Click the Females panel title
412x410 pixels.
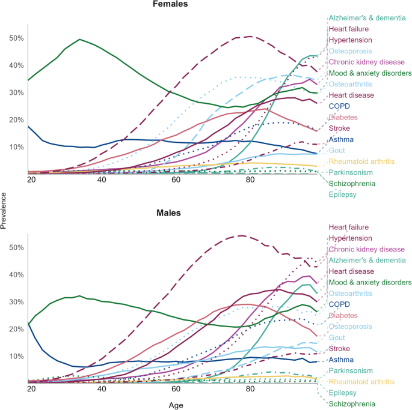coord(170,4)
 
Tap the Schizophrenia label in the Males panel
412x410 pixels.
coord(352,404)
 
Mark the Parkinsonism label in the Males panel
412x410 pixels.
coord(351,371)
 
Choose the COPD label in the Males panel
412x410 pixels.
coord(339,304)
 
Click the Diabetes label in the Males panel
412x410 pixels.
coord(343,315)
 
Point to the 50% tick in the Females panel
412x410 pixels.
coord(16,38)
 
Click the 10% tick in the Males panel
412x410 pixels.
coord(16,356)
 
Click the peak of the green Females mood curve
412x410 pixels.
coord(80,39)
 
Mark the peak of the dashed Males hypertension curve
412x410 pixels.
coord(241,235)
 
